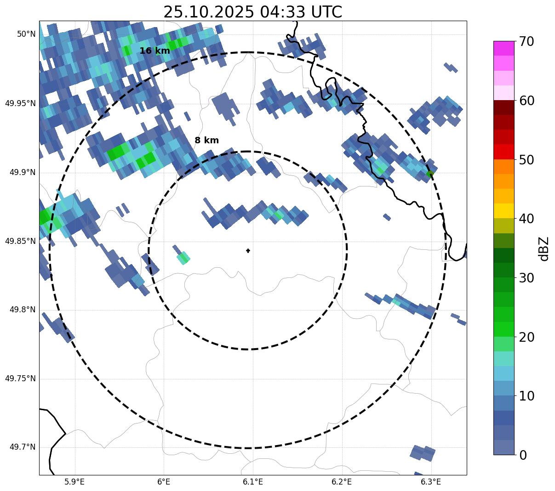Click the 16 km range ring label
click(154, 51)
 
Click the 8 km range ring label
click(206, 141)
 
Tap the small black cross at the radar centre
click(248, 250)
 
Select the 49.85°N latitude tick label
click(20, 241)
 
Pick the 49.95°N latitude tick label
click(20, 103)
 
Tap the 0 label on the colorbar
click(523, 455)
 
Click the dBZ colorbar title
click(544, 248)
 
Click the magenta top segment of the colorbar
click(504, 48)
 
